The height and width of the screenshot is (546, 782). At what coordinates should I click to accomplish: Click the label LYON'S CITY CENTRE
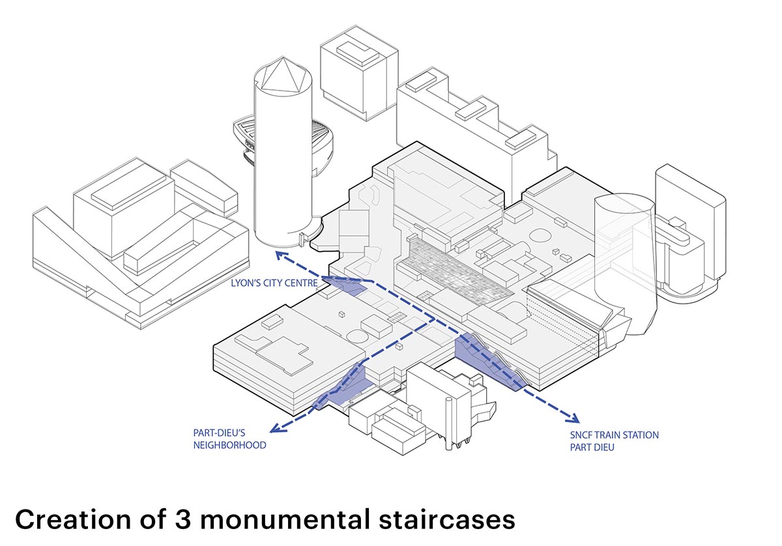click(x=274, y=283)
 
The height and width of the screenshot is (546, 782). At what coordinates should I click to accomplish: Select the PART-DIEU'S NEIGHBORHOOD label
click(x=229, y=438)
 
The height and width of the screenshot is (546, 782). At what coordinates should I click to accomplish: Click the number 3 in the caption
click(x=184, y=520)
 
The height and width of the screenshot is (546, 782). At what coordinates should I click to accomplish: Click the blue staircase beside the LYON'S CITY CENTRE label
click(x=345, y=285)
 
